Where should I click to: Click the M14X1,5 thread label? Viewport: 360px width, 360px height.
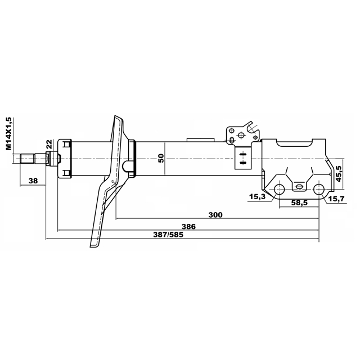[x=8, y=133]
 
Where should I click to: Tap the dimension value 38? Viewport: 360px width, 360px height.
[x=33, y=181]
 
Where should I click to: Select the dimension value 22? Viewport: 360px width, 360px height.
[x=49, y=145]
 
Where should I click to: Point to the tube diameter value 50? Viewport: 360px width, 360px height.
[x=161, y=158]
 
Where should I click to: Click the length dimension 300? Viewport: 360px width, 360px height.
[x=215, y=215]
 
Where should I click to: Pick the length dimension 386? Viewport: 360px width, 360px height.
[x=189, y=227]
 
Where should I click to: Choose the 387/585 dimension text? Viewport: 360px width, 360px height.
[x=168, y=235]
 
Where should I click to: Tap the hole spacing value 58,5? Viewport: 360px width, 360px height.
[x=299, y=202]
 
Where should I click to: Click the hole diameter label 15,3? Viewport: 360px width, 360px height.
[x=257, y=196]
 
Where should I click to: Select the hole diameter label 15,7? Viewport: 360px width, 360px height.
[x=336, y=199]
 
